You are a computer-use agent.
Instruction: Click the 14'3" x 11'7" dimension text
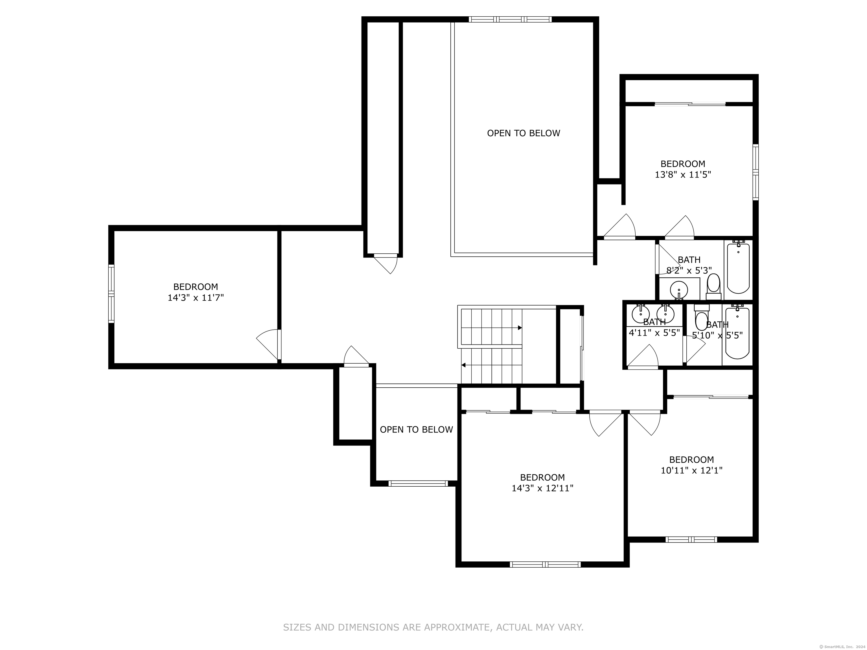pyautogui.click(x=196, y=298)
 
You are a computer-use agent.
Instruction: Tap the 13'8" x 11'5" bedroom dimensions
pyautogui.click(x=683, y=175)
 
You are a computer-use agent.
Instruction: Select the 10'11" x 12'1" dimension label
pyautogui.click(x=691, y=470)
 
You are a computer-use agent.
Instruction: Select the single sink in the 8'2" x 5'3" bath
pyautogui.click(x=679, y=290)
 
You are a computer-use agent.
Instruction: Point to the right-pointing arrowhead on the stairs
pyautogui.click(x=520, y=328)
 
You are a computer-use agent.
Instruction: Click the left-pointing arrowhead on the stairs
pyautogui.click(x=464, y=365)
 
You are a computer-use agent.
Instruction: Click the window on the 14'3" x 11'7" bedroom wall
pyautogui.click(x=111, y=294)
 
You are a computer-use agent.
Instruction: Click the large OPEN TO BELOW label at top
pyautogui.click(x=524, y=133)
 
